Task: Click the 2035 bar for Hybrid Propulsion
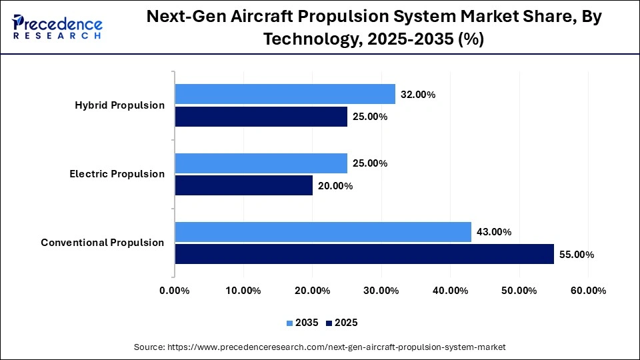pos(285,94)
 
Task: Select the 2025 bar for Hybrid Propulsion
pos(261,117)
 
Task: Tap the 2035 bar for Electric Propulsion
pos(261,163)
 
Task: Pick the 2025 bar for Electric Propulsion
pos(243,185)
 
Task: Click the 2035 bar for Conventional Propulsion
pos(323,232)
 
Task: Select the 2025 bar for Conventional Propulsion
pos(364,254)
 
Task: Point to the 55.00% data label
pos(577,255)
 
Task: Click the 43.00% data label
pos(494,233)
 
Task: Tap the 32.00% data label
pos(418,95)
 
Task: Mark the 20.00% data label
pos(335,186)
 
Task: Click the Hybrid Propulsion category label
pos(120,105)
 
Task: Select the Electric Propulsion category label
pos(117,174)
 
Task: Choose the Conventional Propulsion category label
pos(103,243)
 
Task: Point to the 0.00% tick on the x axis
pos(175,291)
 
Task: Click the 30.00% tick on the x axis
pos(381,291)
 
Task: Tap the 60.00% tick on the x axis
pos(588,291)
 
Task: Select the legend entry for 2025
pos(342,323)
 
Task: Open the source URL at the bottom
pos(319,347)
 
